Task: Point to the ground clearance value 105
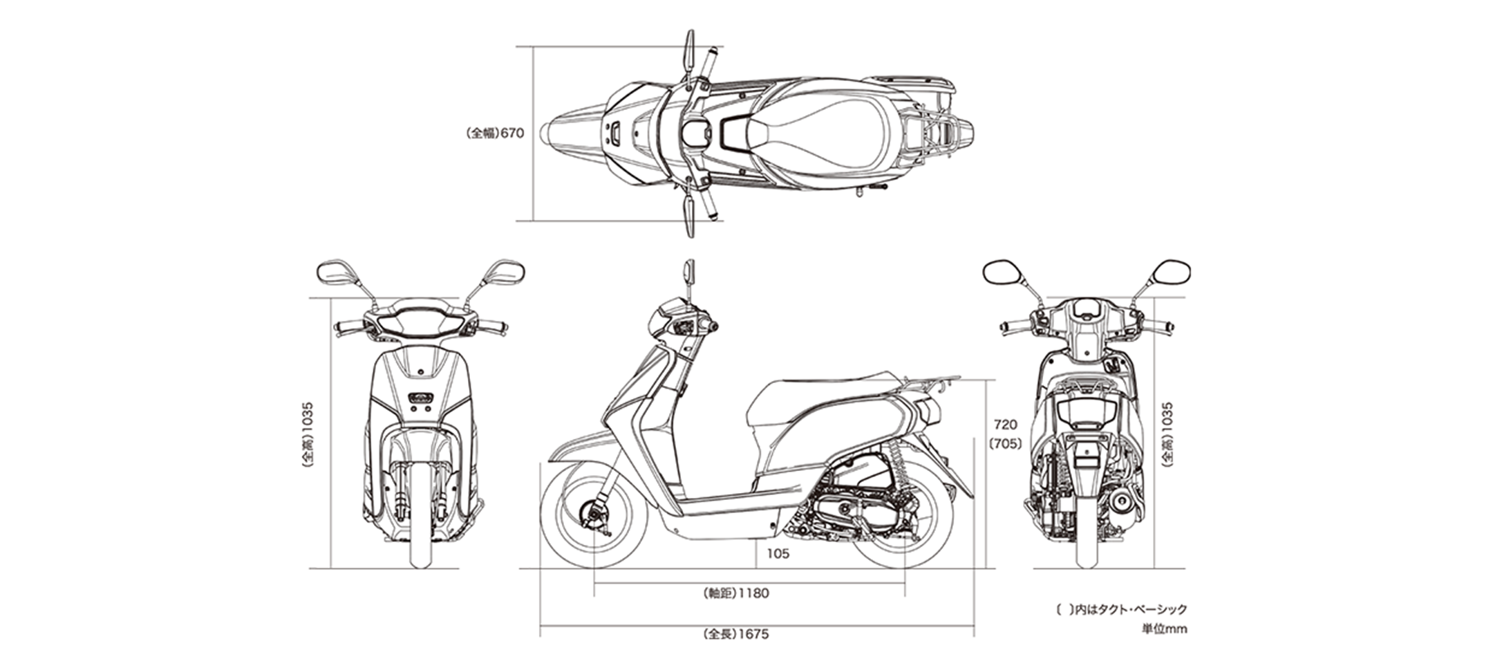[x=778, y=554]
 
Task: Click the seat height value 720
[x=1005, y=425]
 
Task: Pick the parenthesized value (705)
[x=1005, y=444]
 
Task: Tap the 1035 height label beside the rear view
[x=1167, y=436]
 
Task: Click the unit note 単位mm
[x=1164, y=629]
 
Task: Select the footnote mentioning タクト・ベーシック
[x=1122, y=609]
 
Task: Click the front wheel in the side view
[x=594, y=514]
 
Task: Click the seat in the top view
[x=823, y=133]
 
